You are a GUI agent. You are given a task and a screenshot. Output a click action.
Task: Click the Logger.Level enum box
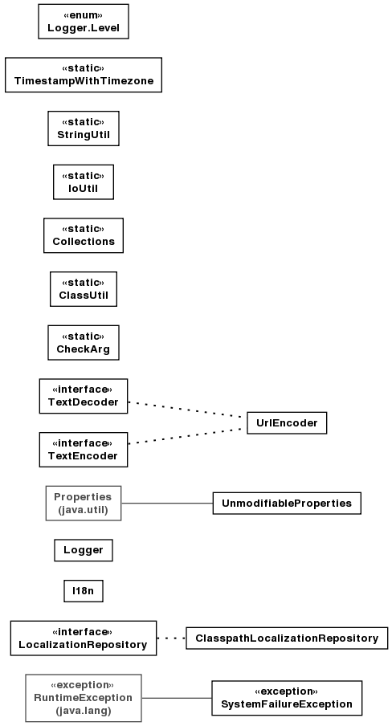84,22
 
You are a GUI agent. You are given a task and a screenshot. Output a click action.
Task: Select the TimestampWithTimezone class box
84,75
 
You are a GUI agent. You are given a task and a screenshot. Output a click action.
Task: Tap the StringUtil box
84,128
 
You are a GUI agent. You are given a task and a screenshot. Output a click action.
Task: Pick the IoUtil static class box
84,182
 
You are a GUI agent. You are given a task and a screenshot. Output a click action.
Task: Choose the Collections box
84,235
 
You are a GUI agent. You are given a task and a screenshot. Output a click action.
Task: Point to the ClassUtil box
84,289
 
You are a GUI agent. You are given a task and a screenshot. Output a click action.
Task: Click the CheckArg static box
84,343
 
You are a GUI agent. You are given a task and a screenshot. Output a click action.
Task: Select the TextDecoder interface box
84,396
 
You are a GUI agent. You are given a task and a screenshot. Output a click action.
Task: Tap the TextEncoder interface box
84,450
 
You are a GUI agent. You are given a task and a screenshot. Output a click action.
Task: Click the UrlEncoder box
287,422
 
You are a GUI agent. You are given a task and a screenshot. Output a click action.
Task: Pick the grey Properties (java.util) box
84,504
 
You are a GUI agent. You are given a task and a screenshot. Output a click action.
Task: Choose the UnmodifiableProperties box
287,504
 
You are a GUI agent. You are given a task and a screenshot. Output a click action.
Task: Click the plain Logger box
84,550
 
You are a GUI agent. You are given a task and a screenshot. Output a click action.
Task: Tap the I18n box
84,591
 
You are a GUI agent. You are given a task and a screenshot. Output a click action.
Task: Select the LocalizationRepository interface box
84,638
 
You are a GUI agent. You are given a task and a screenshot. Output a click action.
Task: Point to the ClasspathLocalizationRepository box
287,638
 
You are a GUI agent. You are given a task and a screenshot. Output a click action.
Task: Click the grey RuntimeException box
84,698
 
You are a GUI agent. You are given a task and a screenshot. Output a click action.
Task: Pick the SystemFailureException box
287,698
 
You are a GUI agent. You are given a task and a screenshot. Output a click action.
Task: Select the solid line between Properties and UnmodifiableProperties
167,504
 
